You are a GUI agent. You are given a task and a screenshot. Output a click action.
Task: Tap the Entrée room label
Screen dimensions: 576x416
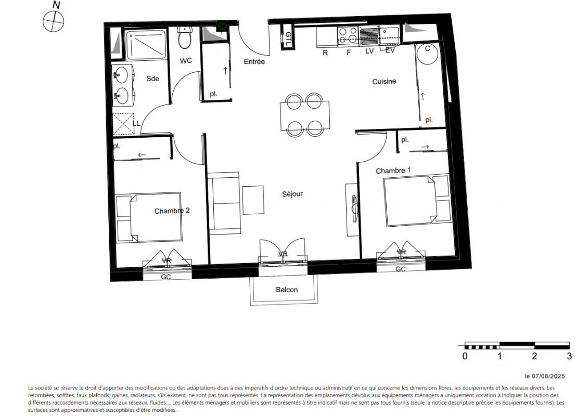click(254, 62)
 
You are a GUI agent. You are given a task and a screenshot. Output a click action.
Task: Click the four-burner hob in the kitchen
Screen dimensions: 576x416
click(348, 35)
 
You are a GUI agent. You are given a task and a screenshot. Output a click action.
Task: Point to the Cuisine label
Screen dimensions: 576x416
click(384, 81)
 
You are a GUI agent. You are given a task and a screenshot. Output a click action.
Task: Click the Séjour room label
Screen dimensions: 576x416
click(292, 194)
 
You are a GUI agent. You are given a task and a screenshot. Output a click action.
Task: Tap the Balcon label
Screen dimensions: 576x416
click(287, 290)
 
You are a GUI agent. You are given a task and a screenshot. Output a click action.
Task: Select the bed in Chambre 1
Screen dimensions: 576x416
click(417, 201)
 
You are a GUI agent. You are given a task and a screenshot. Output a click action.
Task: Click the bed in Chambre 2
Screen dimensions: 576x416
click(148, 217)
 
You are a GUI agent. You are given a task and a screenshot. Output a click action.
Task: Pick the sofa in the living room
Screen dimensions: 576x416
click(224, 203)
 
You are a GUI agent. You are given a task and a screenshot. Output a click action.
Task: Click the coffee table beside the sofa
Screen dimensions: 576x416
click(253, 200)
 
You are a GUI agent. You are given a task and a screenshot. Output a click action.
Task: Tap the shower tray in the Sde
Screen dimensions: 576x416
click(146, 45)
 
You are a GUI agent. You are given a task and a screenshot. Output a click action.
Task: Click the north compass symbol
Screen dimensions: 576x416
click(54, 21)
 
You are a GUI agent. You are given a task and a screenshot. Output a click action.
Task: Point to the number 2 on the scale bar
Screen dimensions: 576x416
click(534, 356)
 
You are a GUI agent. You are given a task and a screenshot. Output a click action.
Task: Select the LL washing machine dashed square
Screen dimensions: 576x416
click(123, 124)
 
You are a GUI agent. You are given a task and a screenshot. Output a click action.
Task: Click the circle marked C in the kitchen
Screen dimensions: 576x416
click(427, 54)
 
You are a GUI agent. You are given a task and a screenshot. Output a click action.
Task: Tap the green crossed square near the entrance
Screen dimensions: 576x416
click(222, 27)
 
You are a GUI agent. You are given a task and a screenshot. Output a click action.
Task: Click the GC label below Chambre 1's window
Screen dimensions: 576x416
click(401, 269)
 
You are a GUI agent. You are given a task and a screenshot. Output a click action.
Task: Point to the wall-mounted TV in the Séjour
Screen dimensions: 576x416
click(354, 209)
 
